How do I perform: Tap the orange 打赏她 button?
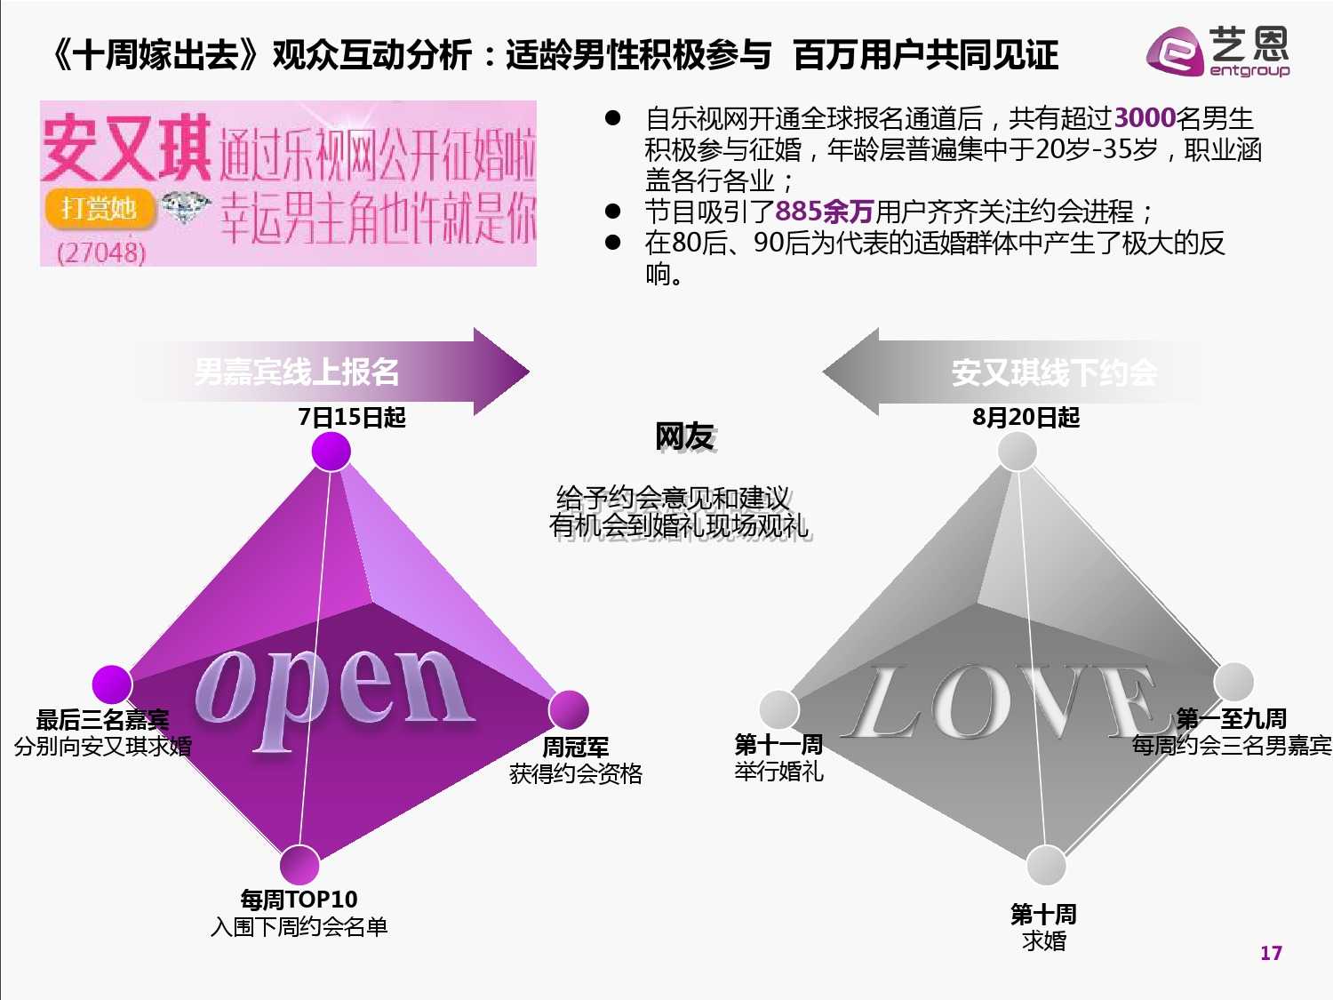[99, 209]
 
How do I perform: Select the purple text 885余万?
[824, 212]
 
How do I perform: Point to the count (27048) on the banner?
[100, 252]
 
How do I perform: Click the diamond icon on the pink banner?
[185, 208]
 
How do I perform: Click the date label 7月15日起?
[352, 417]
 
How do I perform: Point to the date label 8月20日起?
[1026, 417]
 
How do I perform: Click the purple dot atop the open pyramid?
[331, 452]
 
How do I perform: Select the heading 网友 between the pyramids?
[684, 437]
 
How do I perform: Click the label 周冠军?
[575, 748]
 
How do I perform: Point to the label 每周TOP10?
[299, 900]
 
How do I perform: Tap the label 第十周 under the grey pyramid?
[1043, 914]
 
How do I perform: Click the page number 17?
[1271, 953]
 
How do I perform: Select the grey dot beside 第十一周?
[778, 709]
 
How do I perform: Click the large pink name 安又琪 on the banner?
[126, 148]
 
